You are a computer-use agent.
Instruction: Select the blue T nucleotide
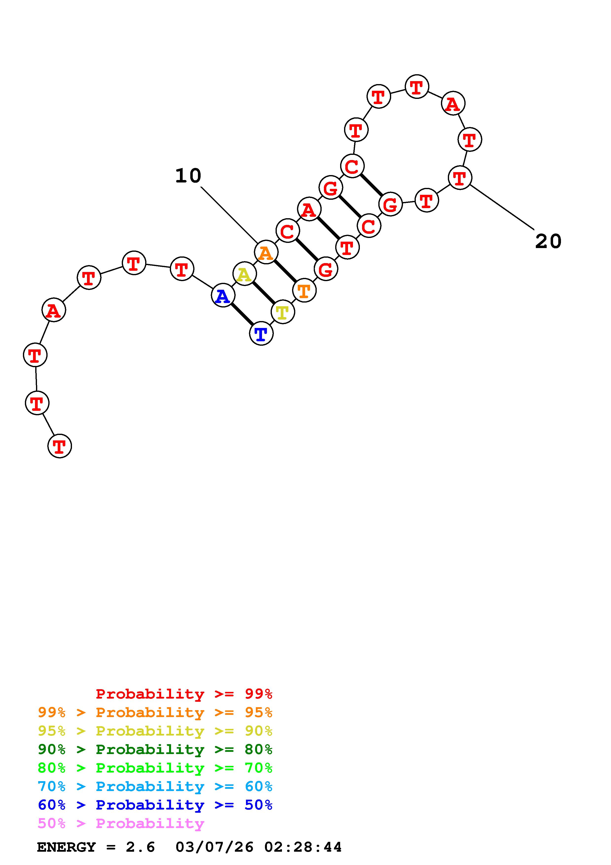tap(261, 333)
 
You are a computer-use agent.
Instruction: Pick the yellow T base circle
tap(282, 312)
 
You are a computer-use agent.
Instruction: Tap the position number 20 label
tap(548, 241)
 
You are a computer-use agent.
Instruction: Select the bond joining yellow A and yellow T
tap(263, 293)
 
